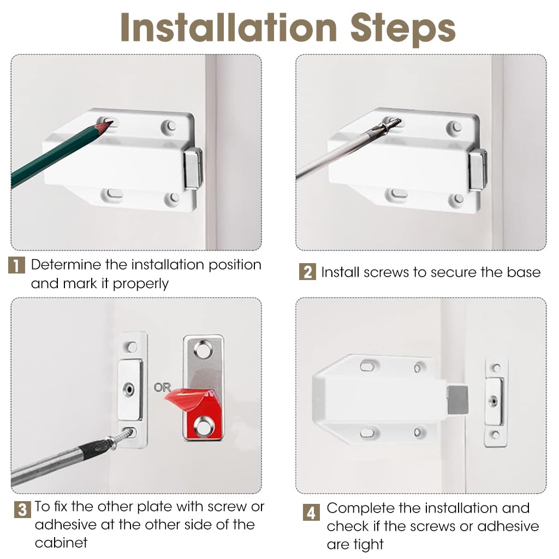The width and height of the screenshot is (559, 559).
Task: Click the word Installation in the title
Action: pos(229,28)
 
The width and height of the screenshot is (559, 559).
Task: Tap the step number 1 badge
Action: pos(16,265)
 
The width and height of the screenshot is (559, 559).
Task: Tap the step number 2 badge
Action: pos(307,272)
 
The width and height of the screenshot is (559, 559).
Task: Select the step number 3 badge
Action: pos(22,510)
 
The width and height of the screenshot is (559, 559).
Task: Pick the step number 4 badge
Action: pos(311,512)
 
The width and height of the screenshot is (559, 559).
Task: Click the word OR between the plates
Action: pos(162,387)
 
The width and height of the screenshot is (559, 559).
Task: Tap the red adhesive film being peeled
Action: pos(195,410)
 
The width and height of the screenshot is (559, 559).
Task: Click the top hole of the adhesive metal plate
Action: pos(203,350)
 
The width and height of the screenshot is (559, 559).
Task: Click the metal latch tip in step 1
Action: pos(193,168)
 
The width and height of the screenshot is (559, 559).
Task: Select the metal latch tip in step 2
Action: pos(478,170)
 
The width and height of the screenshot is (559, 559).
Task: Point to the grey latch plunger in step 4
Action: pos(457,400)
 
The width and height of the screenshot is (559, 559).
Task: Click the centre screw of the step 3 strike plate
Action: pos(129,389)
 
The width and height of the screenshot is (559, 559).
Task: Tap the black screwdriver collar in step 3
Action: pos(93,448)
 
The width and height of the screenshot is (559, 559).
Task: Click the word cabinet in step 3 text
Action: pos(61,543)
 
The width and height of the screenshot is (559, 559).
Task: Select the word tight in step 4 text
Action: pos(367,545)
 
